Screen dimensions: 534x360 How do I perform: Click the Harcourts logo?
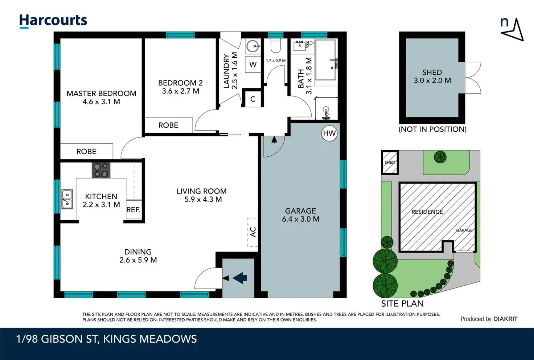point(53,21)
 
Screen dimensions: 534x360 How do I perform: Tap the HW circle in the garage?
point(329,133)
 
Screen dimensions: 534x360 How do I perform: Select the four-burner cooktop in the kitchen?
point(101,170)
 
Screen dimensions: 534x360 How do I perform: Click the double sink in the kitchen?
point(67,199)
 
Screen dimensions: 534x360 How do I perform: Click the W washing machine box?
point(253,64)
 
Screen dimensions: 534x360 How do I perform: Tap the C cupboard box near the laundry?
point(253,99)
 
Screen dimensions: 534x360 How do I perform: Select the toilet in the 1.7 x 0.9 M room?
point(276,45)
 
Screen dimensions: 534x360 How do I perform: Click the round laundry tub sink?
point(253,46)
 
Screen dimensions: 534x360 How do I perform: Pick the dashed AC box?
point(253,232)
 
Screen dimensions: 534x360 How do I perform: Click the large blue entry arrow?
point(240,278)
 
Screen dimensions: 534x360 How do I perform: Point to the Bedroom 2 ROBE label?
point(168,125)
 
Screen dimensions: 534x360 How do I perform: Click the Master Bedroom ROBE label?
point(86,151)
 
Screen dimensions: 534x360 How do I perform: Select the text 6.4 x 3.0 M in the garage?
point(301,219)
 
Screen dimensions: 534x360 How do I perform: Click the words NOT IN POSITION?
point(432,129)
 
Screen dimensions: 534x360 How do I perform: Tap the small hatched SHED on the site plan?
point(390,162)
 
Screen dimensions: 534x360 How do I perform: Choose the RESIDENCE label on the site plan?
point(427,212)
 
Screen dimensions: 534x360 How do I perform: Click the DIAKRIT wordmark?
point(505,319)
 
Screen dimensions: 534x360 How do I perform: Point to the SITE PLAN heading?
point(402,303)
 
